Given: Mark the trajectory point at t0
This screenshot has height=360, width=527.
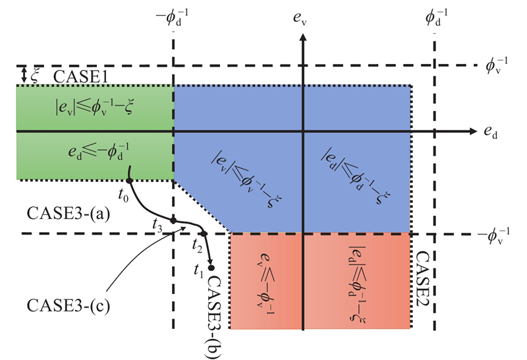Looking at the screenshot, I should pyautogui.click(x=129, y=180).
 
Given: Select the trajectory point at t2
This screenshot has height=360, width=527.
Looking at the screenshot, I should pyautogui.click(x=204, y=233).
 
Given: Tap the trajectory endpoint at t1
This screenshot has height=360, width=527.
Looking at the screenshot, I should pyautogui.click(x=211, y=267).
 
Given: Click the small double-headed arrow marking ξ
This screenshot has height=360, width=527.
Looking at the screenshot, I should pyautogui.click(x=23, y=75).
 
